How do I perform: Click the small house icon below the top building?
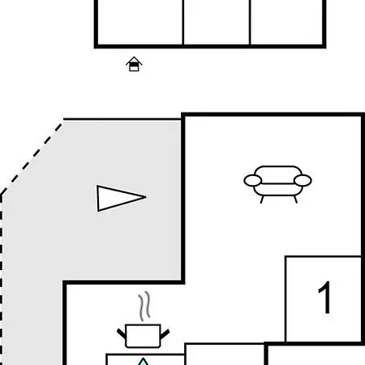point(134,64)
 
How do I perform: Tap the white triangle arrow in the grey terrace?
point(119,198)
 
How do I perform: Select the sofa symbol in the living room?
point(277,184)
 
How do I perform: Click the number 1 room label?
point(325,298)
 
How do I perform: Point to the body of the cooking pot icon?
point(143,336)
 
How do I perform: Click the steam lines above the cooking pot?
point(144,306)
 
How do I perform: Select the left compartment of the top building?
point(140,22)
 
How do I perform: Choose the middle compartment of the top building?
point(217,22)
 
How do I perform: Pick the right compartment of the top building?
point(286,22)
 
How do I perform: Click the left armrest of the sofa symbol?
point(253,181)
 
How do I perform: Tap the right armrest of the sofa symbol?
point(303,181)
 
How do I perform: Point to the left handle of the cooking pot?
point(122,333)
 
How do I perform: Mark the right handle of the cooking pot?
point(165,334)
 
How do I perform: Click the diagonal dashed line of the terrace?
point(31,158)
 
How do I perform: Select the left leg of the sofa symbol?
point(262,200)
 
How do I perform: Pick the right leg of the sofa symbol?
point(295,200)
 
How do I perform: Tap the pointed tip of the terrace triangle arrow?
point(146,197)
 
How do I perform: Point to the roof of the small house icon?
point(134,60)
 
